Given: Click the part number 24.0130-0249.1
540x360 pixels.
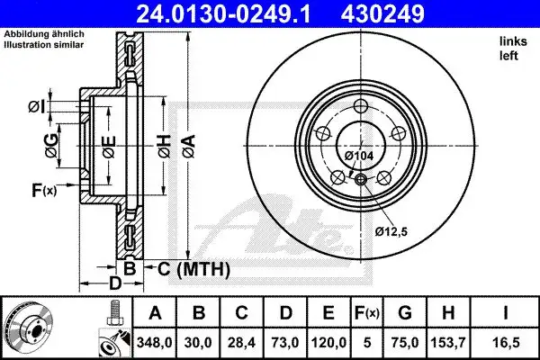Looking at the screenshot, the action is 223,14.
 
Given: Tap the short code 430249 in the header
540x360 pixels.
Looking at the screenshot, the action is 382,14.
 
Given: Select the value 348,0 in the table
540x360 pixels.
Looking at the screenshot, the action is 154,343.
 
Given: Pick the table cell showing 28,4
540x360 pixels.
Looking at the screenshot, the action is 241,343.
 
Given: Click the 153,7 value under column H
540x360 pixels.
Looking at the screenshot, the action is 448,343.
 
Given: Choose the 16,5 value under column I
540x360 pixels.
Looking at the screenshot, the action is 506,343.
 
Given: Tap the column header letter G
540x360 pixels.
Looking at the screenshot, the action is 405,313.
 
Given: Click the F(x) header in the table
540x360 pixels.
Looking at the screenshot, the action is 367,313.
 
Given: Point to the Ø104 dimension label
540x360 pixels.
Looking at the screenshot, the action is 359,156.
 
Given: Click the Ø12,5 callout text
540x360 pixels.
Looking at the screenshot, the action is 391,231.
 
